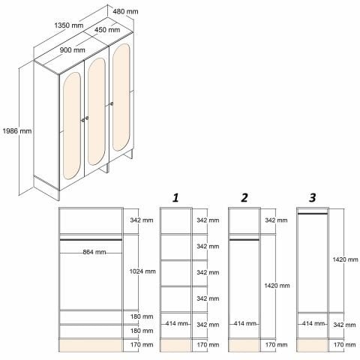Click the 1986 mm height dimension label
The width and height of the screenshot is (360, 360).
pyautogui.click(x=17, y=131)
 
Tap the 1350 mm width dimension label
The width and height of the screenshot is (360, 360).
pyautogui.click(x=69, y=25)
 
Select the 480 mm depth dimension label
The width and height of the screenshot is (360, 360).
pyautogui.click(x=125, y=11)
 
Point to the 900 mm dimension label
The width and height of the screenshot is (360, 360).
pyautogui.click(x=73, y=50)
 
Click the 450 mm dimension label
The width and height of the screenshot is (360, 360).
pyautogui.click(x=107, y=30)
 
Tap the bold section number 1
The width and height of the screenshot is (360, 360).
pyautogui.click(x=175, y=198)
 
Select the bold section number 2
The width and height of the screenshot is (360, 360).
pyautogui.click(x=244, y=198)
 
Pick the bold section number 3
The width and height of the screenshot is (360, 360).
pyautogui.click(x=313, y=198)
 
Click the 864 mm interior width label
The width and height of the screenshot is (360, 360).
pyautogui.click(x=94, y=252)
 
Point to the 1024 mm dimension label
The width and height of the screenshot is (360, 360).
pyautogui.click(x=142, y=271)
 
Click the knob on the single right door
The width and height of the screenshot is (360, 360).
pyautogui.click(x=112, y=103)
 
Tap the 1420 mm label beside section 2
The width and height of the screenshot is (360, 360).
pyautogui.click(x=277, y=286)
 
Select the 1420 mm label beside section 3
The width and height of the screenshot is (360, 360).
pyautogui.click(x=345, y=259)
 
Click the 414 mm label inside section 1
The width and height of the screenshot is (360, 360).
pyautogui.click(x=176, y=323)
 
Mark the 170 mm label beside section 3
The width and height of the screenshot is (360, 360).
pyautogui.click(x=344, y=345)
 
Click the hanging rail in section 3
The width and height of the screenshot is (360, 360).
pyautogui.click(x=312, y=214)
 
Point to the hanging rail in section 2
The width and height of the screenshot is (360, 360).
pyautogui.click(x=244, y=240)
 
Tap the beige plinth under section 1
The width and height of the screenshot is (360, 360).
pyautogui.click(x=175, y=345)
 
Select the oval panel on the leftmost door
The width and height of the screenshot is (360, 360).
pyautogui.click(x=72, y=126)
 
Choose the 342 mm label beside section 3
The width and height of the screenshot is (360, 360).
pyautogui.click(x=344, y=325)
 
